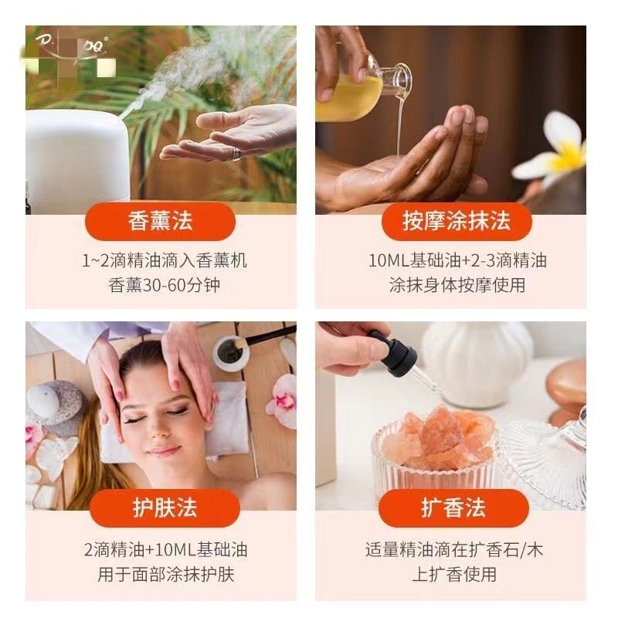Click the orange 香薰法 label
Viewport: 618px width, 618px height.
click(161, 222)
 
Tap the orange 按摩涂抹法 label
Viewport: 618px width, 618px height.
click(457, 222)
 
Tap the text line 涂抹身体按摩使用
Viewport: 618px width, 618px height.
click(457, 285)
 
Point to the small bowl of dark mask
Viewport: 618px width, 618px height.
click(230, 352)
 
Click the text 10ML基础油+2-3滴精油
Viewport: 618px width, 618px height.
click(457, 260)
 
